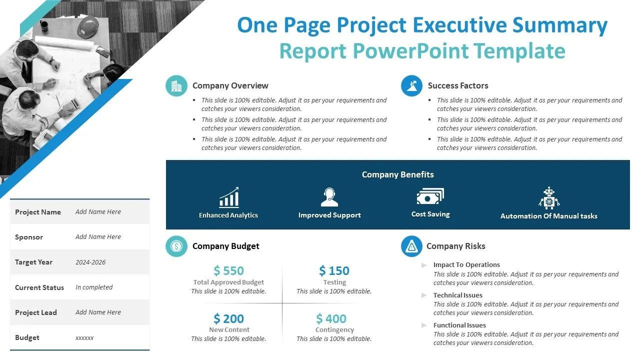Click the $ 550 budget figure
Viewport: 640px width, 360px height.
click(x=228, y=271)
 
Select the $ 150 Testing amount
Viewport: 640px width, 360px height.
click(x=334, y=271)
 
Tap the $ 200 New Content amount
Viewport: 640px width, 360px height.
click(x=228, y=318)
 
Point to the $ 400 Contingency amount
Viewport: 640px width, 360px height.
click(x=331, y=318)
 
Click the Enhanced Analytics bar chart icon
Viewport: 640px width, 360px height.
click(x=229, y=197)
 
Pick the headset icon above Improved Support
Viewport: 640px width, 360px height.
click(x=329, y=197)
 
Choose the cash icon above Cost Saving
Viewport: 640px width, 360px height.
click(x=430, y=196)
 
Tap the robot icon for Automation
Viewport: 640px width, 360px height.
click(x=549, y=198)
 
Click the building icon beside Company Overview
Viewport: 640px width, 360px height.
click(x=176, y=86)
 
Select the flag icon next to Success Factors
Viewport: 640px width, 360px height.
click(x=411, y=86)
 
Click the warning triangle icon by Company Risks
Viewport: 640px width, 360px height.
click(x=411, y=246)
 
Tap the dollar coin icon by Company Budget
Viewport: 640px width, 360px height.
click(x=176, y=246)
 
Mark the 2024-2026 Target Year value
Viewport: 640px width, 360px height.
click(x=90, y=262)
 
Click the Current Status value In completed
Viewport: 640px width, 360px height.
click(x=94, y=287)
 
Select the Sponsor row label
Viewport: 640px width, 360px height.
click(x=29, y=237)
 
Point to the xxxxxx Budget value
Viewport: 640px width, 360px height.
click(x=84, y=338)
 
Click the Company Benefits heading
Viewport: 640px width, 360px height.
click(x=397, y=174)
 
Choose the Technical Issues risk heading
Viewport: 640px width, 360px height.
click(x=457, y=295)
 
